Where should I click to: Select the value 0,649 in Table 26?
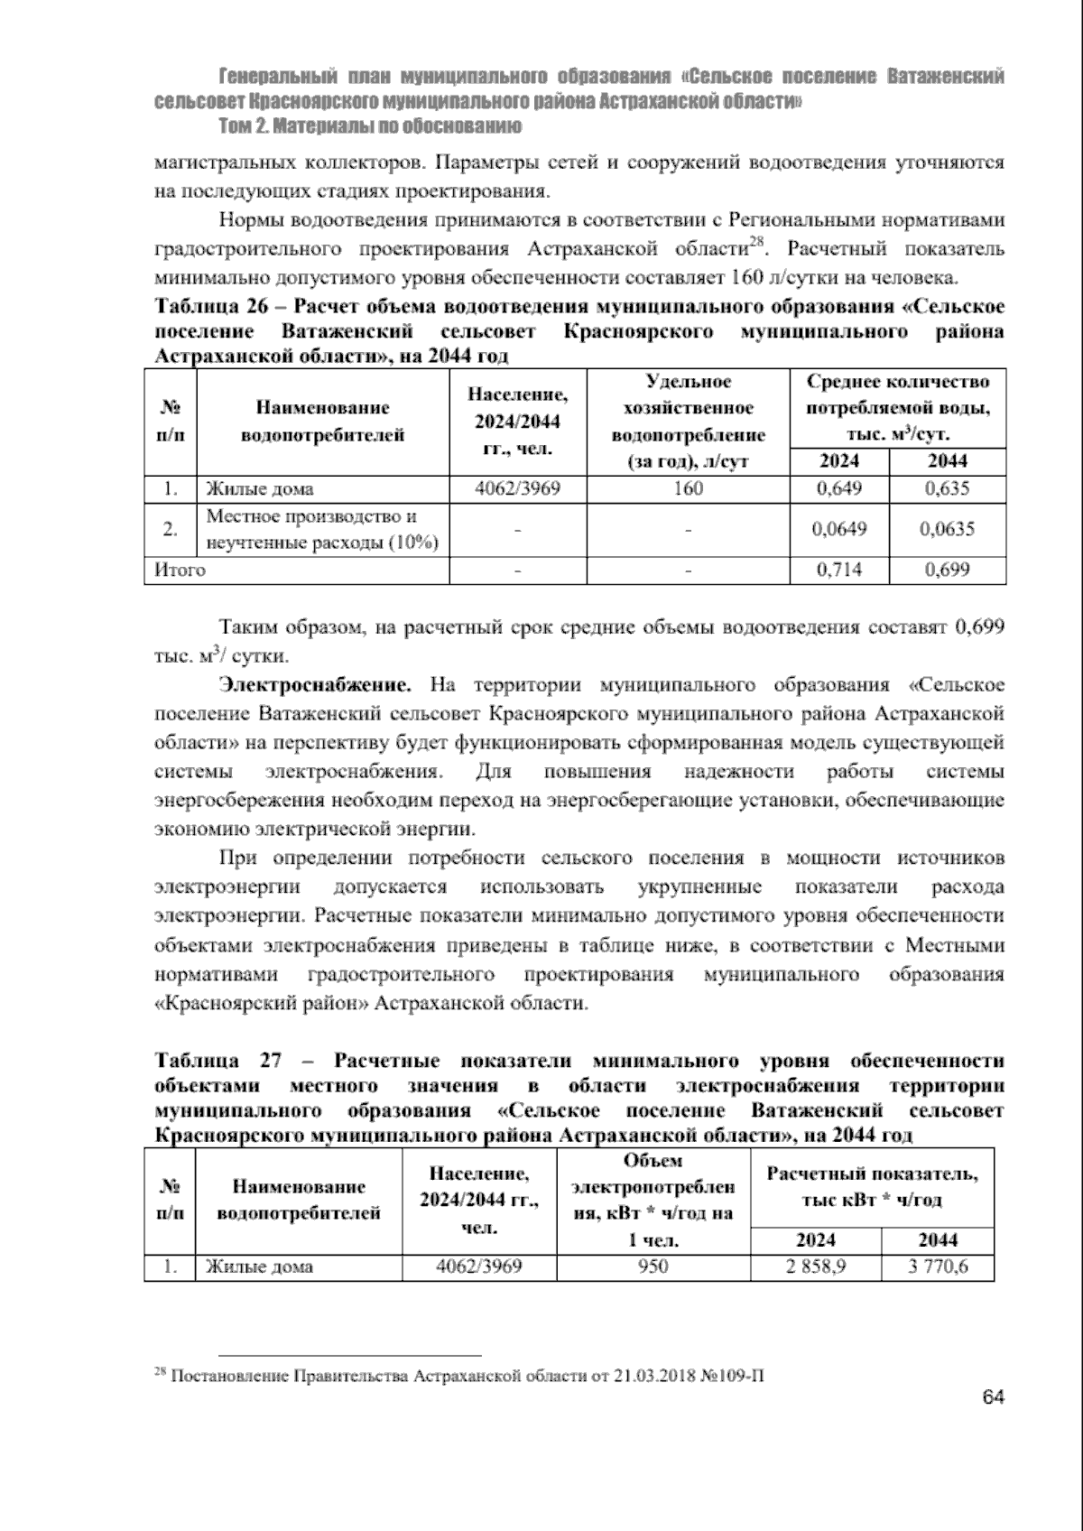tap(838, 489)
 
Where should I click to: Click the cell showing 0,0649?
tap(838, 529)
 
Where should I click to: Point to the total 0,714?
tap(838, 570)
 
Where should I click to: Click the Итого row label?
tap(180, 570)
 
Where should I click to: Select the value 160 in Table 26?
tap(688, 489)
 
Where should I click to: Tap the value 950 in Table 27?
tap(653, 1267)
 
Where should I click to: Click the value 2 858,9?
tap(815, 1267)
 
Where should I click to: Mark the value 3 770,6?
tap(938, 1267)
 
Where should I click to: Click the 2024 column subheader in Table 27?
tap(815, 1239)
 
